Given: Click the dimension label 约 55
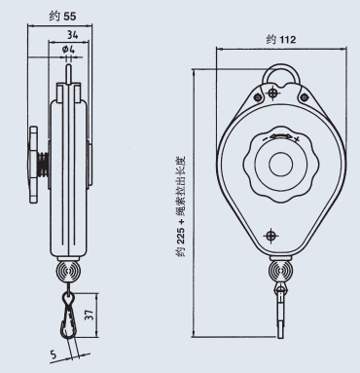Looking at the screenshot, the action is pyautogui.click(x=62, y=16).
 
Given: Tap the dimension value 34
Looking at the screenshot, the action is pyautogui.click(x=72, y=34).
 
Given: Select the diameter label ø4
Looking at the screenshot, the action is pyautogui.click(x=68, y=50).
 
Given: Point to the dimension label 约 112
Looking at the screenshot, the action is pyautogui.click(x=281, y=40).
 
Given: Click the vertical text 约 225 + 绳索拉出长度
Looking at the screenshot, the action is pyautogui.click(x=181, y=206).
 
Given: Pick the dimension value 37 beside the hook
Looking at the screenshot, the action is pyautogui.click(x=90, y=315).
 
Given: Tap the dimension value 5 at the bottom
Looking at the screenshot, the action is pyautogui.click(x=54, y=354).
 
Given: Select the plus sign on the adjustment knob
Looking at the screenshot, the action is pyautogui.click(x=297, y=139).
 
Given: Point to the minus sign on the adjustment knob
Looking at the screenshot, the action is pyautogui.click(x=266, y=138).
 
